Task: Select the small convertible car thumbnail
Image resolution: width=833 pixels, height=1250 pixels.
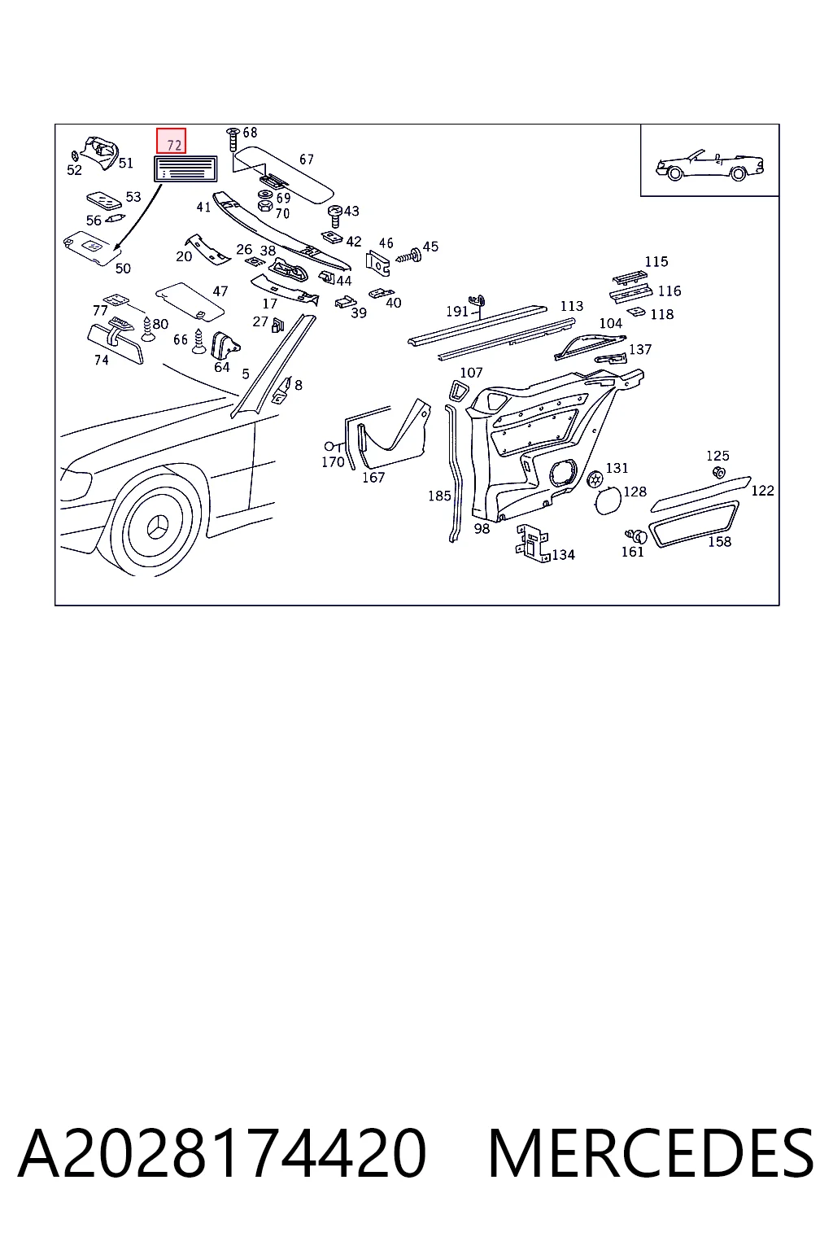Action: pos(709,165)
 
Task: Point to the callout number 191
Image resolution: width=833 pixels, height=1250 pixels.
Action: pos(457,311)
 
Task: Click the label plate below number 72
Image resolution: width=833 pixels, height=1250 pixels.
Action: pos(185,169)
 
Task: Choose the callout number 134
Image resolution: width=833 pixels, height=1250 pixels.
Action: pos(564,555)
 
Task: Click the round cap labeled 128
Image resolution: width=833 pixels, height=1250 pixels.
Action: pos(608,500)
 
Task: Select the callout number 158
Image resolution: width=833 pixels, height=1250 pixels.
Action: pos(719,541)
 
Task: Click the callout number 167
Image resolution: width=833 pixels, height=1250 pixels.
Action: pos(373,477)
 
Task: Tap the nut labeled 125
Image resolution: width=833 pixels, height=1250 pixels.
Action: pos(719,473)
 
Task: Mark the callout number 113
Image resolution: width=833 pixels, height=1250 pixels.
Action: pos(572,306)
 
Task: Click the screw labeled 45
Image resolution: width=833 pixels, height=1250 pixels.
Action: pos(409,256)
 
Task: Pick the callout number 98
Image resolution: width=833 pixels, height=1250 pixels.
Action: pos(482,528)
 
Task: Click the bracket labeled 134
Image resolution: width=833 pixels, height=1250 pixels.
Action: pos(532,544)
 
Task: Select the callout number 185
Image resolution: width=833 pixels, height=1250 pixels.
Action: pos(439,496)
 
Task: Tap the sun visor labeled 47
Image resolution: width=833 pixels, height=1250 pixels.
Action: pos(190,300)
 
